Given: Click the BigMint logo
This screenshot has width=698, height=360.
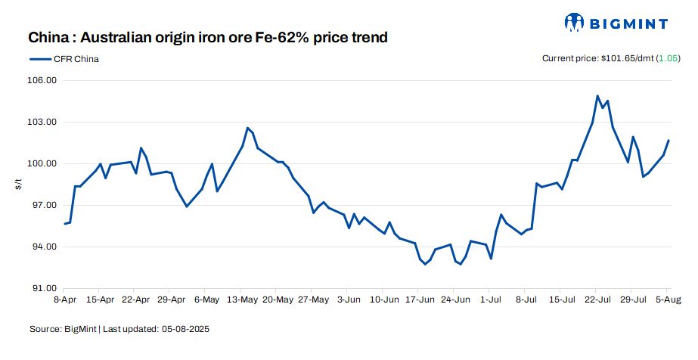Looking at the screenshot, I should coord(616,23).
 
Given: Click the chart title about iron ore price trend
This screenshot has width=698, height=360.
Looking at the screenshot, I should coord(208,37).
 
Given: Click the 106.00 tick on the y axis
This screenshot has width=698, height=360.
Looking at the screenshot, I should coord(43,80).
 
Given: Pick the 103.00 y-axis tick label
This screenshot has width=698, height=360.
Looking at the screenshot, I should coord(43,122).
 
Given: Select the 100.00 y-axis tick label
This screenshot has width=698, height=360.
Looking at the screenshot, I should coord(43,163).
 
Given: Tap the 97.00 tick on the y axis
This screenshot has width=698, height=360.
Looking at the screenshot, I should coord(43,205).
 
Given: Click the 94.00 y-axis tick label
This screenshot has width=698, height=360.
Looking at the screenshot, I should coord(43,247).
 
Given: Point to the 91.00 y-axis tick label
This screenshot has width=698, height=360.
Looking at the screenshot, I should coord(43,288).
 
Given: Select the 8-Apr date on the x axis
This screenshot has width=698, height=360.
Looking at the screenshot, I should coord(65,299).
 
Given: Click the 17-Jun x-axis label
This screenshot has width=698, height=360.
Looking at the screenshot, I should coord(420,299).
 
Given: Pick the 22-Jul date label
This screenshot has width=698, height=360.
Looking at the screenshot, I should coord(597,299).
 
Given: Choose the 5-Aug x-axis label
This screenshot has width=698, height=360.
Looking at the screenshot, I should coord(668,299).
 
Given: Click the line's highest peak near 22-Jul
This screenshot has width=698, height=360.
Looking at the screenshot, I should coord(597,96).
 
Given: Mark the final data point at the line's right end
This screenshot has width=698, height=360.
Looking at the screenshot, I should coord(669,140).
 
